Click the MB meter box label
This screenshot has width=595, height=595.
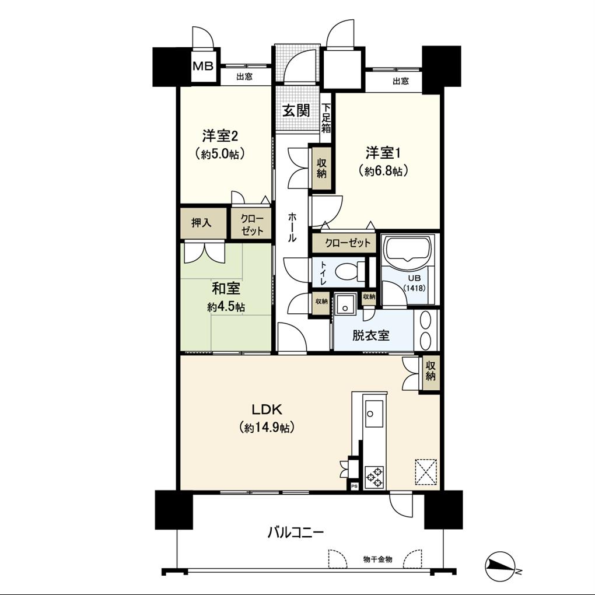click(x=204, y=66)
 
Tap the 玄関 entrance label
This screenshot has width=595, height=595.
click(x=296, y=111)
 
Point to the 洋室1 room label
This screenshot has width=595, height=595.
click(x=383, y=153)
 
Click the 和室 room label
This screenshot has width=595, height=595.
click(x=226, y=289)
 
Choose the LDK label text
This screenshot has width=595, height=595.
click(x=267, y=409)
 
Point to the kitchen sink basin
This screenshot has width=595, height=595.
click(x=374, y=414)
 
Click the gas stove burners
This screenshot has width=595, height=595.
click(x=374, y=477)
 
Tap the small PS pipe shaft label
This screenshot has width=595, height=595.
click(x=354, y=486)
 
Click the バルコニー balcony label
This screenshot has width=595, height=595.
click(x=296, y=533)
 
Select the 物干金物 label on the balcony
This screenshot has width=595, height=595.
click(x=377, y=559)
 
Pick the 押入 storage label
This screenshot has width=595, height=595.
click(x=201, y=223)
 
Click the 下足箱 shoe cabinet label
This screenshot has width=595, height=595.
click(x=326, y=118)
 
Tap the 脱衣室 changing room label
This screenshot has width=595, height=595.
click(x=371, y=335)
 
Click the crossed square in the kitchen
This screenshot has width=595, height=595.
click(x=426, y=472)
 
